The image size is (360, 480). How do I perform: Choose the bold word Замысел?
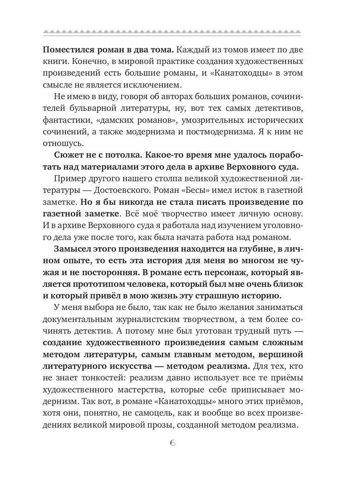[71, 250]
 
